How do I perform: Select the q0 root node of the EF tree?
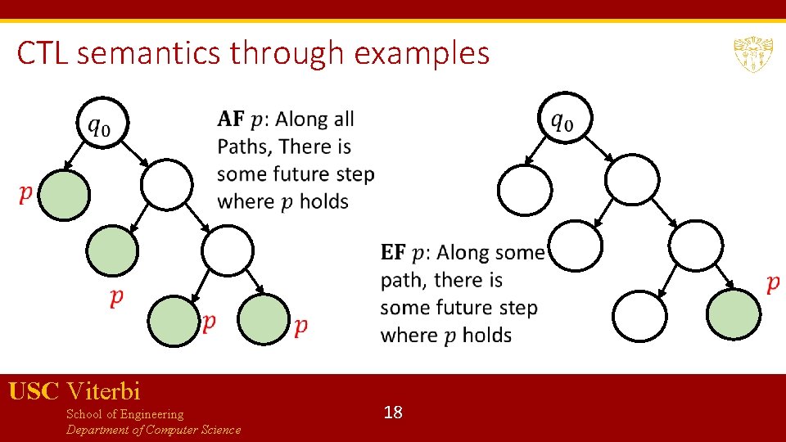pyautogui.click(x=562, y=120)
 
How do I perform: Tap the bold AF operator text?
pyautogui.click(x=231, y=120)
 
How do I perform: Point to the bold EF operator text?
pyautogui.click(x=393, y=253)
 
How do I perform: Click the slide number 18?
pyautogui.click(x=393, y=412)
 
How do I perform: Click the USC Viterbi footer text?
pyautogui.click(x=75, y=390)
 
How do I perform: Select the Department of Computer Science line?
pyautogui.click(x=153, y=430)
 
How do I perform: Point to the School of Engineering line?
pyautogui.click(x=124, y=414)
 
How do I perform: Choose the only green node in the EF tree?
pyautogui.click(x=733, y=313)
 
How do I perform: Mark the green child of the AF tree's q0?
pyautogui.click(x=64, y=195)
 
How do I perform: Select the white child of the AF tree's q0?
pyautogui.click(x=167, y=185)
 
